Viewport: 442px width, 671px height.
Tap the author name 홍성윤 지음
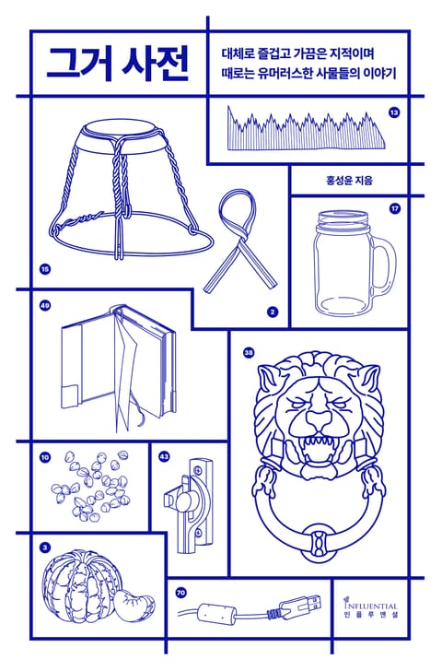pyautogui.click(x=350, y=180)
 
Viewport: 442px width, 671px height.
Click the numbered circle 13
pyautogui.click(x=394, y=113)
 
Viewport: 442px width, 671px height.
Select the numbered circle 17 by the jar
pyautogui.click(x=394, y=209)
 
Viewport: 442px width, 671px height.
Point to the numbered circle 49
pyautogui.click(x=45, y=306)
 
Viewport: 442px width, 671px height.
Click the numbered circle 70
pyautogui.click(x=180, y=594)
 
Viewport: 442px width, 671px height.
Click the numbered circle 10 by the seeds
pyautogui.click(x=45, y=458)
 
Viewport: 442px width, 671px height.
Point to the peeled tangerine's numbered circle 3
pyautogui.click(x=45, y=547)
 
